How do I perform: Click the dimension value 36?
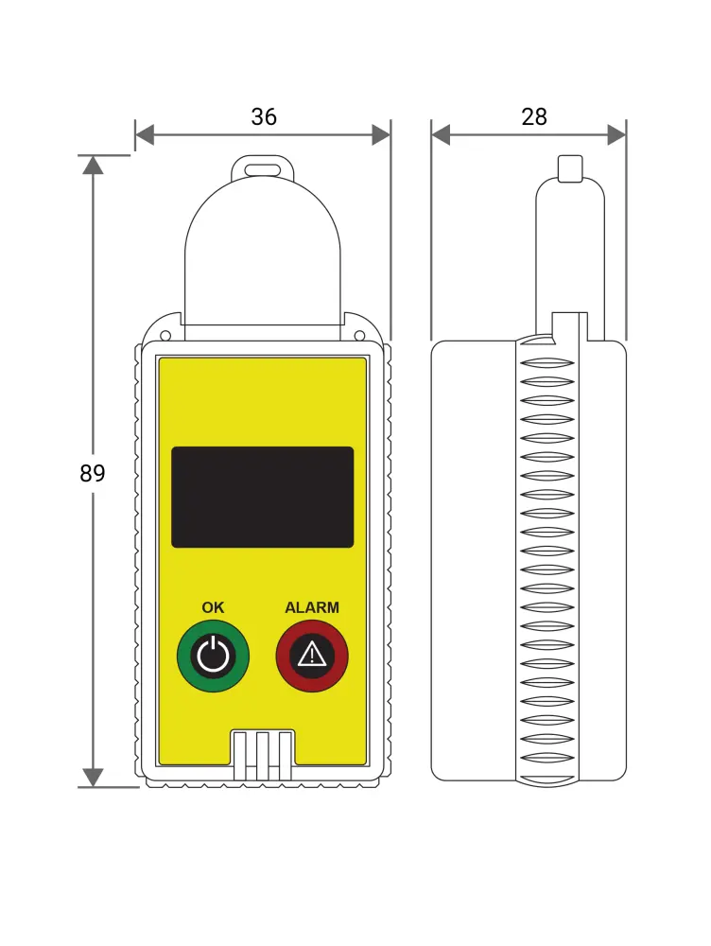point(264,116)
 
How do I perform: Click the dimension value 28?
point(533,116)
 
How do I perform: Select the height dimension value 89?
point(93,473)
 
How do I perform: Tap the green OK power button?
point(213,656)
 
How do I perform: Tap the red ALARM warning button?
point(312,656)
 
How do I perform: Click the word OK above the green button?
point(213,607)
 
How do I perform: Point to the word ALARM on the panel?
point(312,607)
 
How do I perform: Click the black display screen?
point(262,498)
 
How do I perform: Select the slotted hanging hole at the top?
point(262,169)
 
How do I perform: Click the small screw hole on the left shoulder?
point(165,336)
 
